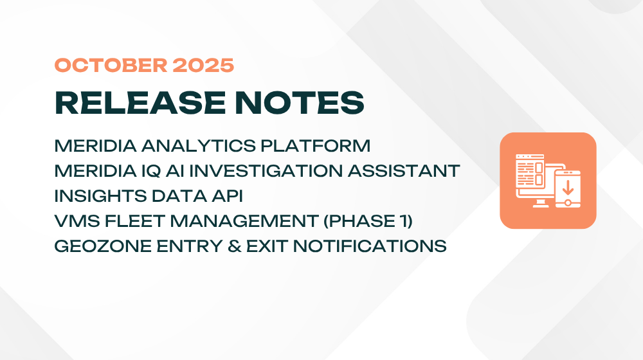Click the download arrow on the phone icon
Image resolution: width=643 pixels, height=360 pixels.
coord(568,186)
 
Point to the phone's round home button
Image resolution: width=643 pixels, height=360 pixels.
coord(568,201)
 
